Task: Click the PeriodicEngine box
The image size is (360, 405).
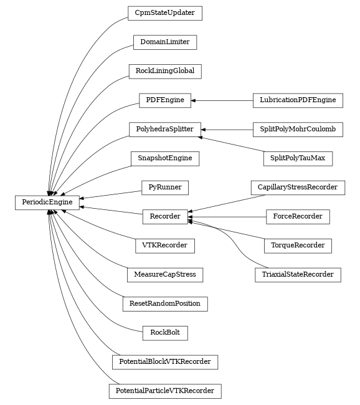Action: [47, 202]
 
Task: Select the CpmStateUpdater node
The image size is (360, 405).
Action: [164, 13]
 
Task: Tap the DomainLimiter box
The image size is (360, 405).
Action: [164, 42]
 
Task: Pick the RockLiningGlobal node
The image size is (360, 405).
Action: [164, 71]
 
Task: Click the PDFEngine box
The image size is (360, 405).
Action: [164, 100]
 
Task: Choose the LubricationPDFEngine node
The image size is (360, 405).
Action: [298, 100]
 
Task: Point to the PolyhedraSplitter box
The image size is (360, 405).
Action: [164, 129]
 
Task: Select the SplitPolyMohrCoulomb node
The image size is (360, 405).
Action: [298, 129]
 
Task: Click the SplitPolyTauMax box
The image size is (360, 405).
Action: [298, 158]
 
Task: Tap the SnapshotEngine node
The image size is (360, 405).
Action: [164, 158]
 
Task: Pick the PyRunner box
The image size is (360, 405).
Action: [164, 187]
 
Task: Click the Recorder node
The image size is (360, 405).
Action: [164, 216]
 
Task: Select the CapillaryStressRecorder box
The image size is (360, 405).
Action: [298, 187]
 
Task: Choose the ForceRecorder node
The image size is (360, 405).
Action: [298, 216]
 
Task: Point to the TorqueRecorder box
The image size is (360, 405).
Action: [298, 245]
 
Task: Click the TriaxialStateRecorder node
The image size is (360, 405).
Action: [298, 274]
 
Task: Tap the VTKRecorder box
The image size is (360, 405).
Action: [164, 245]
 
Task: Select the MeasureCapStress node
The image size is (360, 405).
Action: [164, 274]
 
